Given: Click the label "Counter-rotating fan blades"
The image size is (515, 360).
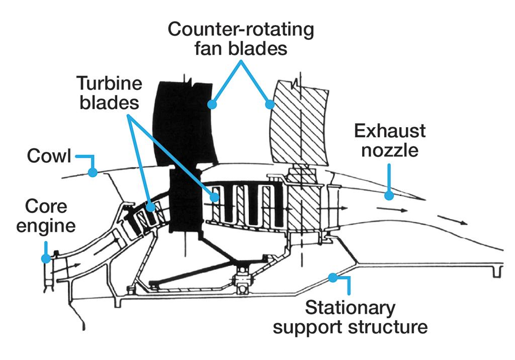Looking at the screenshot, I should (240, 39).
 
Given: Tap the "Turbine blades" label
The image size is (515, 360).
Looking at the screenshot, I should (109, 93).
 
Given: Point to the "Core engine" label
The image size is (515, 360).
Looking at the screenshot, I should (46, 216).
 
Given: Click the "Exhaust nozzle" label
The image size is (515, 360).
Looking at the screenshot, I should (390, 140).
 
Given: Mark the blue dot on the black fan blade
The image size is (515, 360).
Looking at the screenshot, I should (212, 105).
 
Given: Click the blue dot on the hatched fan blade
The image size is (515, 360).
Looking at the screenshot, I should (270, 105).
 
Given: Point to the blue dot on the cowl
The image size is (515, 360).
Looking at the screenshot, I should (93, 173).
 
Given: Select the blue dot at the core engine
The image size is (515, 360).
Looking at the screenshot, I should (46, 258).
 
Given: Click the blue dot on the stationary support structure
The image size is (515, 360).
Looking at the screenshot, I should (332, 276).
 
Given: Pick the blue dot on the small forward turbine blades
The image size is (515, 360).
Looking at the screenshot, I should (150, 207).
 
